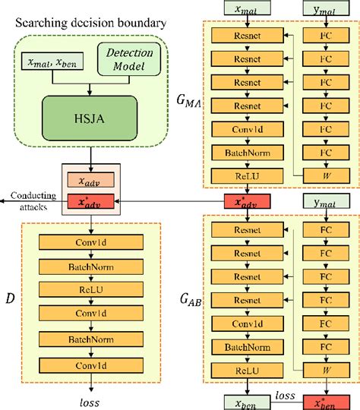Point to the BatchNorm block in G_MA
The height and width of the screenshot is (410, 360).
coord(242,153)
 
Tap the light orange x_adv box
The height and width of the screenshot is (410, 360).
coord(91,181)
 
